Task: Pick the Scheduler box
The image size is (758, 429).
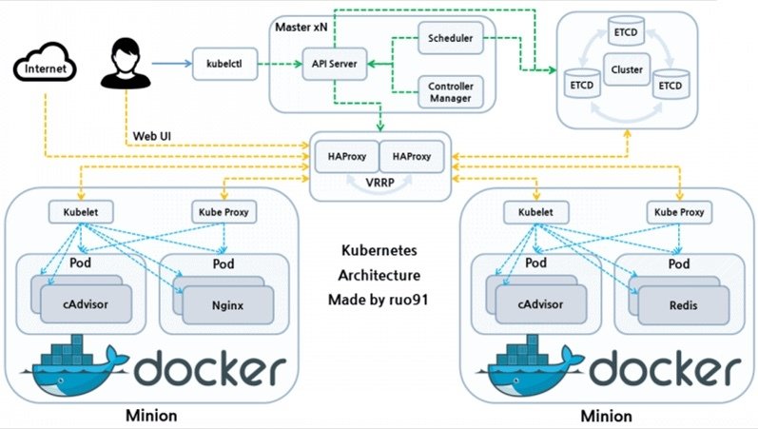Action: pos(452,41)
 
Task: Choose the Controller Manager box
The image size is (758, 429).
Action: pos(452,92)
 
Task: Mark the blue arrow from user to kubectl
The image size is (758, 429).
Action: pos(175,66)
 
